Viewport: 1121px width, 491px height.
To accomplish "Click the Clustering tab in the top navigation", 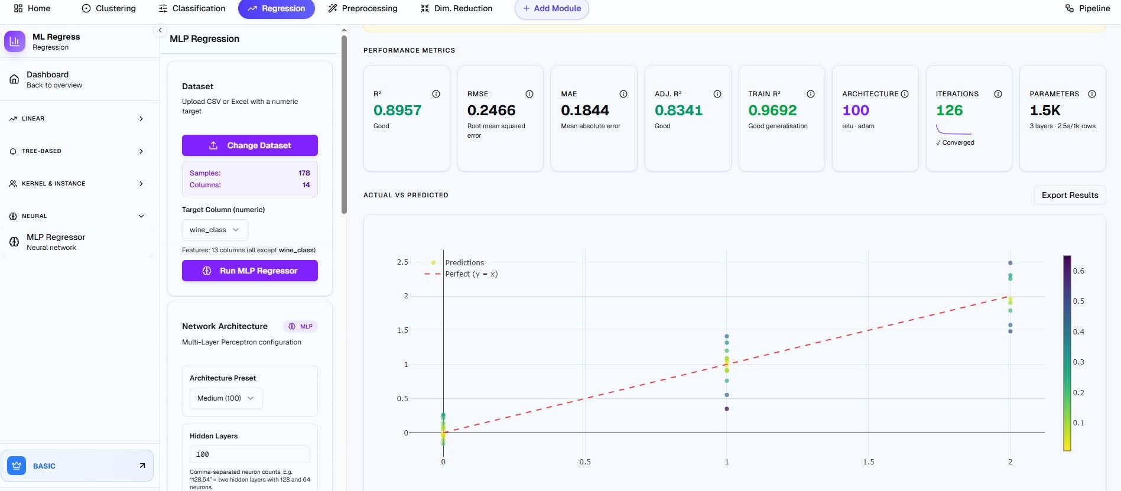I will (109, 8).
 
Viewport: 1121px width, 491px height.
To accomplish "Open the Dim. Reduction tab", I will (456, 8).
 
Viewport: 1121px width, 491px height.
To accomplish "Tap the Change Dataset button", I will (250, 145).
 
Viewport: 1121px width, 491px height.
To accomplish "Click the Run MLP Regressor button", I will (250, 271).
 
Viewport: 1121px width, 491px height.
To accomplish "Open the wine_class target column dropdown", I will (215, 230).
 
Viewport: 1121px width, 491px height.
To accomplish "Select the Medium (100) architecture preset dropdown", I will (226, 398).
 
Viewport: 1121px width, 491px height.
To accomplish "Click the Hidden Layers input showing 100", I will (249, 454).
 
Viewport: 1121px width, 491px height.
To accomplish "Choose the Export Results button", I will (1070, 195).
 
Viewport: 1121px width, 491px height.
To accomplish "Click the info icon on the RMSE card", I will (529, 94).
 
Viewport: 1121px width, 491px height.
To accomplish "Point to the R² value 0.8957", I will (397, 110).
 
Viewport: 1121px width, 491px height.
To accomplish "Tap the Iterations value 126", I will (949, 110).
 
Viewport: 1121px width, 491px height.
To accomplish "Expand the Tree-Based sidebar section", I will (77, 151).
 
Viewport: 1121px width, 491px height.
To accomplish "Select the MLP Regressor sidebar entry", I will (56, 242).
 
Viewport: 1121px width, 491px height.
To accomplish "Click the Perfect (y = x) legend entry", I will (471, 274).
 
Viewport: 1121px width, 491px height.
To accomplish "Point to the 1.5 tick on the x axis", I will (868, 462).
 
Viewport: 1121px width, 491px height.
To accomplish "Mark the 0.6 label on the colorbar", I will (1078, 271).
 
